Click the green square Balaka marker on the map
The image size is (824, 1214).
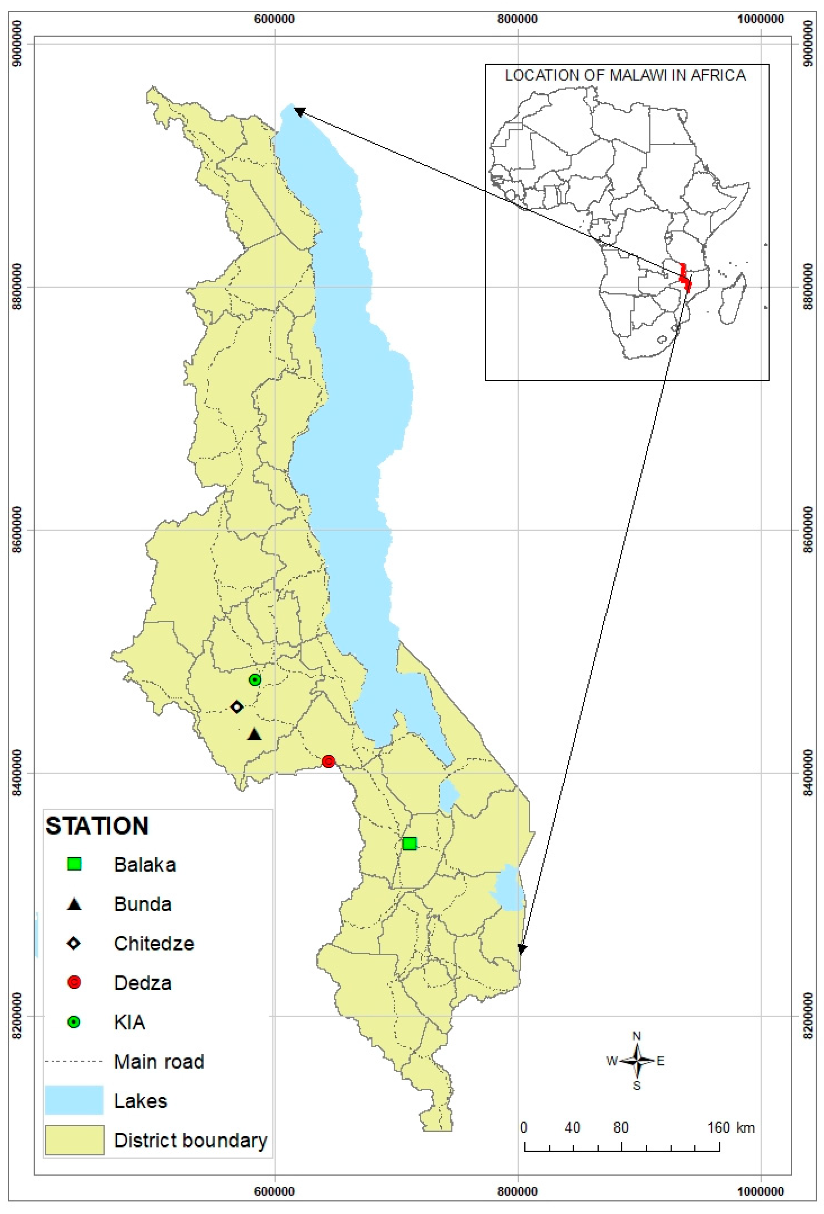coord(409,843)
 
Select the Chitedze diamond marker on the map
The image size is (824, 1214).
coord(237,707)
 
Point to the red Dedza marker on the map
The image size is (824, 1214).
coord(328,761)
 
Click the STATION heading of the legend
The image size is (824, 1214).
coord(97,826)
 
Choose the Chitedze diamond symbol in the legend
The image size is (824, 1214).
coord(74,943)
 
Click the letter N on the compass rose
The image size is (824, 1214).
coord(636,1036)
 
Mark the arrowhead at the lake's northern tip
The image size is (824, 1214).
coord(298,111)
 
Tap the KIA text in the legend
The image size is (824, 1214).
coord(129,1022)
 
